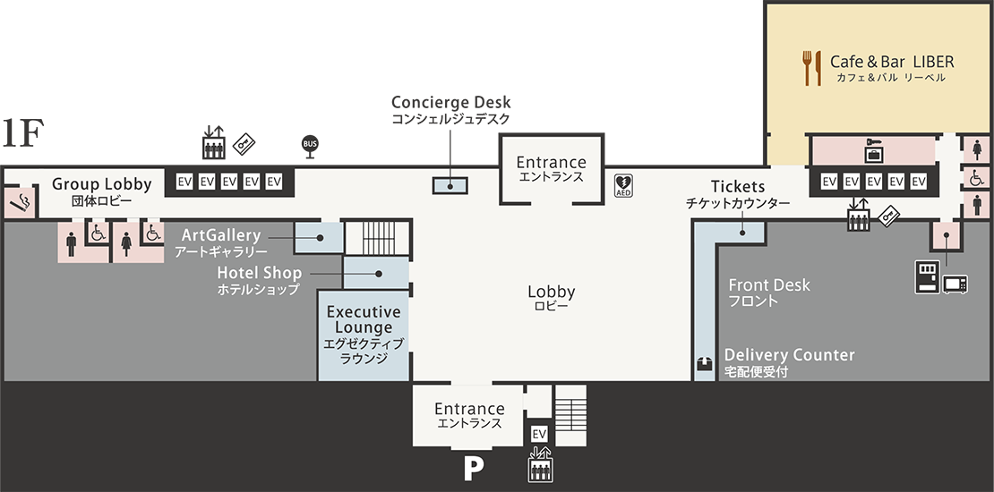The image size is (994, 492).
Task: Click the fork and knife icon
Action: [x=812, y=68]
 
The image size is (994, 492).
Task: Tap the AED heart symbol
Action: [x=623, y=185]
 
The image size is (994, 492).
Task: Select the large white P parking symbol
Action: [x=473, y=470]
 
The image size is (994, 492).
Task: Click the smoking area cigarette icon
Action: [x=18, y=204]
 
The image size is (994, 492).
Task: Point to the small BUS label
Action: [x=310, y=144]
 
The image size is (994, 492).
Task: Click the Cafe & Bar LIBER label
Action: [x=892, y=63]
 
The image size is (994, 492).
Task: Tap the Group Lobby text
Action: [x=101, y=184]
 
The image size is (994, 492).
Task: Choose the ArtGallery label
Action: [x=220, y=235]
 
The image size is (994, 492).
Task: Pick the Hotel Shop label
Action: [x=259, y=273]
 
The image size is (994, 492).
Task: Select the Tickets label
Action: [x=738, y=187]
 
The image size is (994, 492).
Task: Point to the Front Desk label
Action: [x=768, y=285]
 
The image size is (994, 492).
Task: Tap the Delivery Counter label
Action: [x=789, y=355]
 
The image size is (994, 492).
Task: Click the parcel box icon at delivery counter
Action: [x=705, y=365]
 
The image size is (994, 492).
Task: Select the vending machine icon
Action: [x=925, y=277]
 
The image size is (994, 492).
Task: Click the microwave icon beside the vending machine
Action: [x=955, y=283]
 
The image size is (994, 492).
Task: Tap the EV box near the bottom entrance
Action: [x=539, y=434]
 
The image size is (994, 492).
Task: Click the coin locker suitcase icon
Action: [x=873, y=152]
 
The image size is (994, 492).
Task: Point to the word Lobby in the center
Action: [x=551, y=293]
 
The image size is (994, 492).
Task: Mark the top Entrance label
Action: [x=551, y=163]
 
